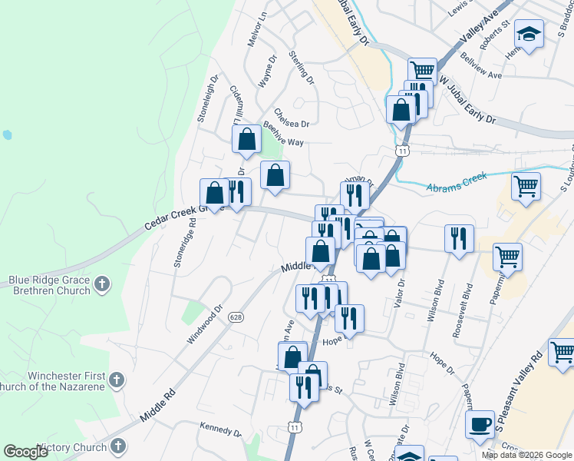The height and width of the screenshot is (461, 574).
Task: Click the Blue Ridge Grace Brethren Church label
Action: coord(51,286)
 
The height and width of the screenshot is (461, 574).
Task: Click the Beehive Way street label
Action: coord(284,133)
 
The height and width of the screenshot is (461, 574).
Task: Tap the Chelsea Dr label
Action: coord(291,117)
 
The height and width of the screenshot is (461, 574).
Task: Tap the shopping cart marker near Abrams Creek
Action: coord(526,186)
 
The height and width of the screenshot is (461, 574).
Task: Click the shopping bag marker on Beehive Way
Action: coord(247,140)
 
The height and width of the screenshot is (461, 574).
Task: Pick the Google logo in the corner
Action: coord(26,452)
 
